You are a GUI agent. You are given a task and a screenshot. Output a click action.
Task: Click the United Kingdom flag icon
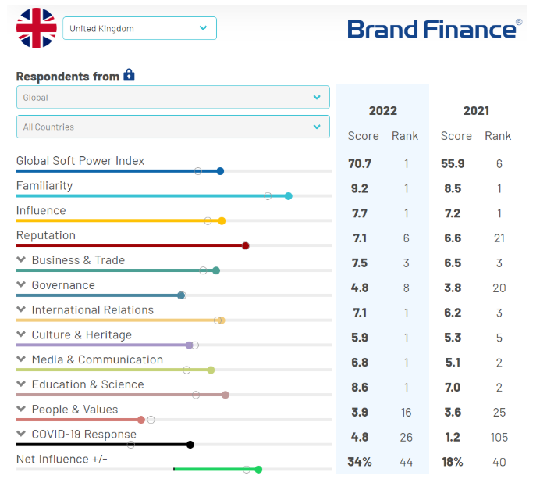pyautogui.click(x=37, y=28)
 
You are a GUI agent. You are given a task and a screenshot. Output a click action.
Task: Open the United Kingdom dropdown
pyautogui.click(x=139, y=28)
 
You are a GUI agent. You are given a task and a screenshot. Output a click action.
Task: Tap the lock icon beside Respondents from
pyautogui.click(x=130, y=75)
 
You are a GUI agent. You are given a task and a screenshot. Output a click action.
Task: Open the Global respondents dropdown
pyautogui.click(x=172, y=98)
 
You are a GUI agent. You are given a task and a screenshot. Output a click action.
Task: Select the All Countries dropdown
pyautogui.click(x=172, y=127)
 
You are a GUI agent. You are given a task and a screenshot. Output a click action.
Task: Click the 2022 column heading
pyautogui.click(x=382, y=111)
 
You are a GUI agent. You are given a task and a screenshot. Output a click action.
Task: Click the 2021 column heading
pyautogui.click(x=476, y=111)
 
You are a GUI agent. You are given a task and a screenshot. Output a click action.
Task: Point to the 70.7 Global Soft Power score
pyautogui.click(x=360, y=163)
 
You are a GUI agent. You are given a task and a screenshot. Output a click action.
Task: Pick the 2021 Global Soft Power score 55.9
pyautogui.click(x=453, y=163)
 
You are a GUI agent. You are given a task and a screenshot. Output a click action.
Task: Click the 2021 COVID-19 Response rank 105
pyautogui.click(x=499, y=437)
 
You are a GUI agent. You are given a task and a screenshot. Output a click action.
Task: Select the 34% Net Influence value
pyautogui.click(x=360, y=462)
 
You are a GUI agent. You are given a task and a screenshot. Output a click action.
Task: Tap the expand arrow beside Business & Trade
pyautogui.click(x=21, y=260)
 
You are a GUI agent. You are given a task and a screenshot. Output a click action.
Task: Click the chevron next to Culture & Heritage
pyautogui.click(x=21, y=335)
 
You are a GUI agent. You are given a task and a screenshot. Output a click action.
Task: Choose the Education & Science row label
pyautogui.click(x=87, y=384)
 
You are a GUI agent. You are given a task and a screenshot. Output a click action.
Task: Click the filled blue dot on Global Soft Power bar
pyautogui.click(x=220, y=171)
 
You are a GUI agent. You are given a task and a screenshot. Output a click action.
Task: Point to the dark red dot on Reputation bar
pyautogui.click(x=246, y=245)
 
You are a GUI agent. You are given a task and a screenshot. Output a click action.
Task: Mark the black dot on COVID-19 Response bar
pyautogui.click(x=190, y=445)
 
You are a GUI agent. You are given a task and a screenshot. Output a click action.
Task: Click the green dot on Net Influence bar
pyautogui.click(x=258, y=470)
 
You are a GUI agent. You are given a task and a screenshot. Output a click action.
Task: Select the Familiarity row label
pyautogui.click(x=44, y=186)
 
